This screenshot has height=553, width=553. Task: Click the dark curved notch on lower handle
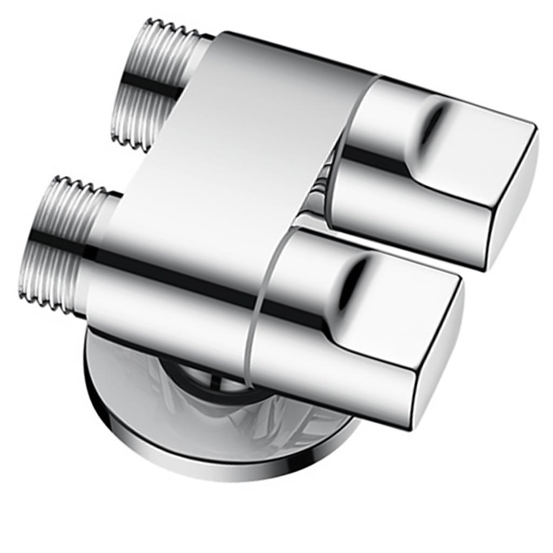coord(354,270)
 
